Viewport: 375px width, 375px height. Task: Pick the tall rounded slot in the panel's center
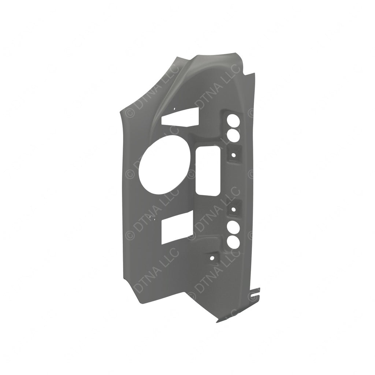pyautogui.click(x=207, y=171)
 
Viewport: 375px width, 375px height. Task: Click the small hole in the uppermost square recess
pyautogui.click(x=233, y=155)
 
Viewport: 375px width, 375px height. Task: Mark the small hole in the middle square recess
pyautogui.click(x=233, y=210)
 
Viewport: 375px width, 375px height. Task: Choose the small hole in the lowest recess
pyautogui.click(x=212, y=258)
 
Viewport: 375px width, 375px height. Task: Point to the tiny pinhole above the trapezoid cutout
pyautogui.click(x=175, y=108)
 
